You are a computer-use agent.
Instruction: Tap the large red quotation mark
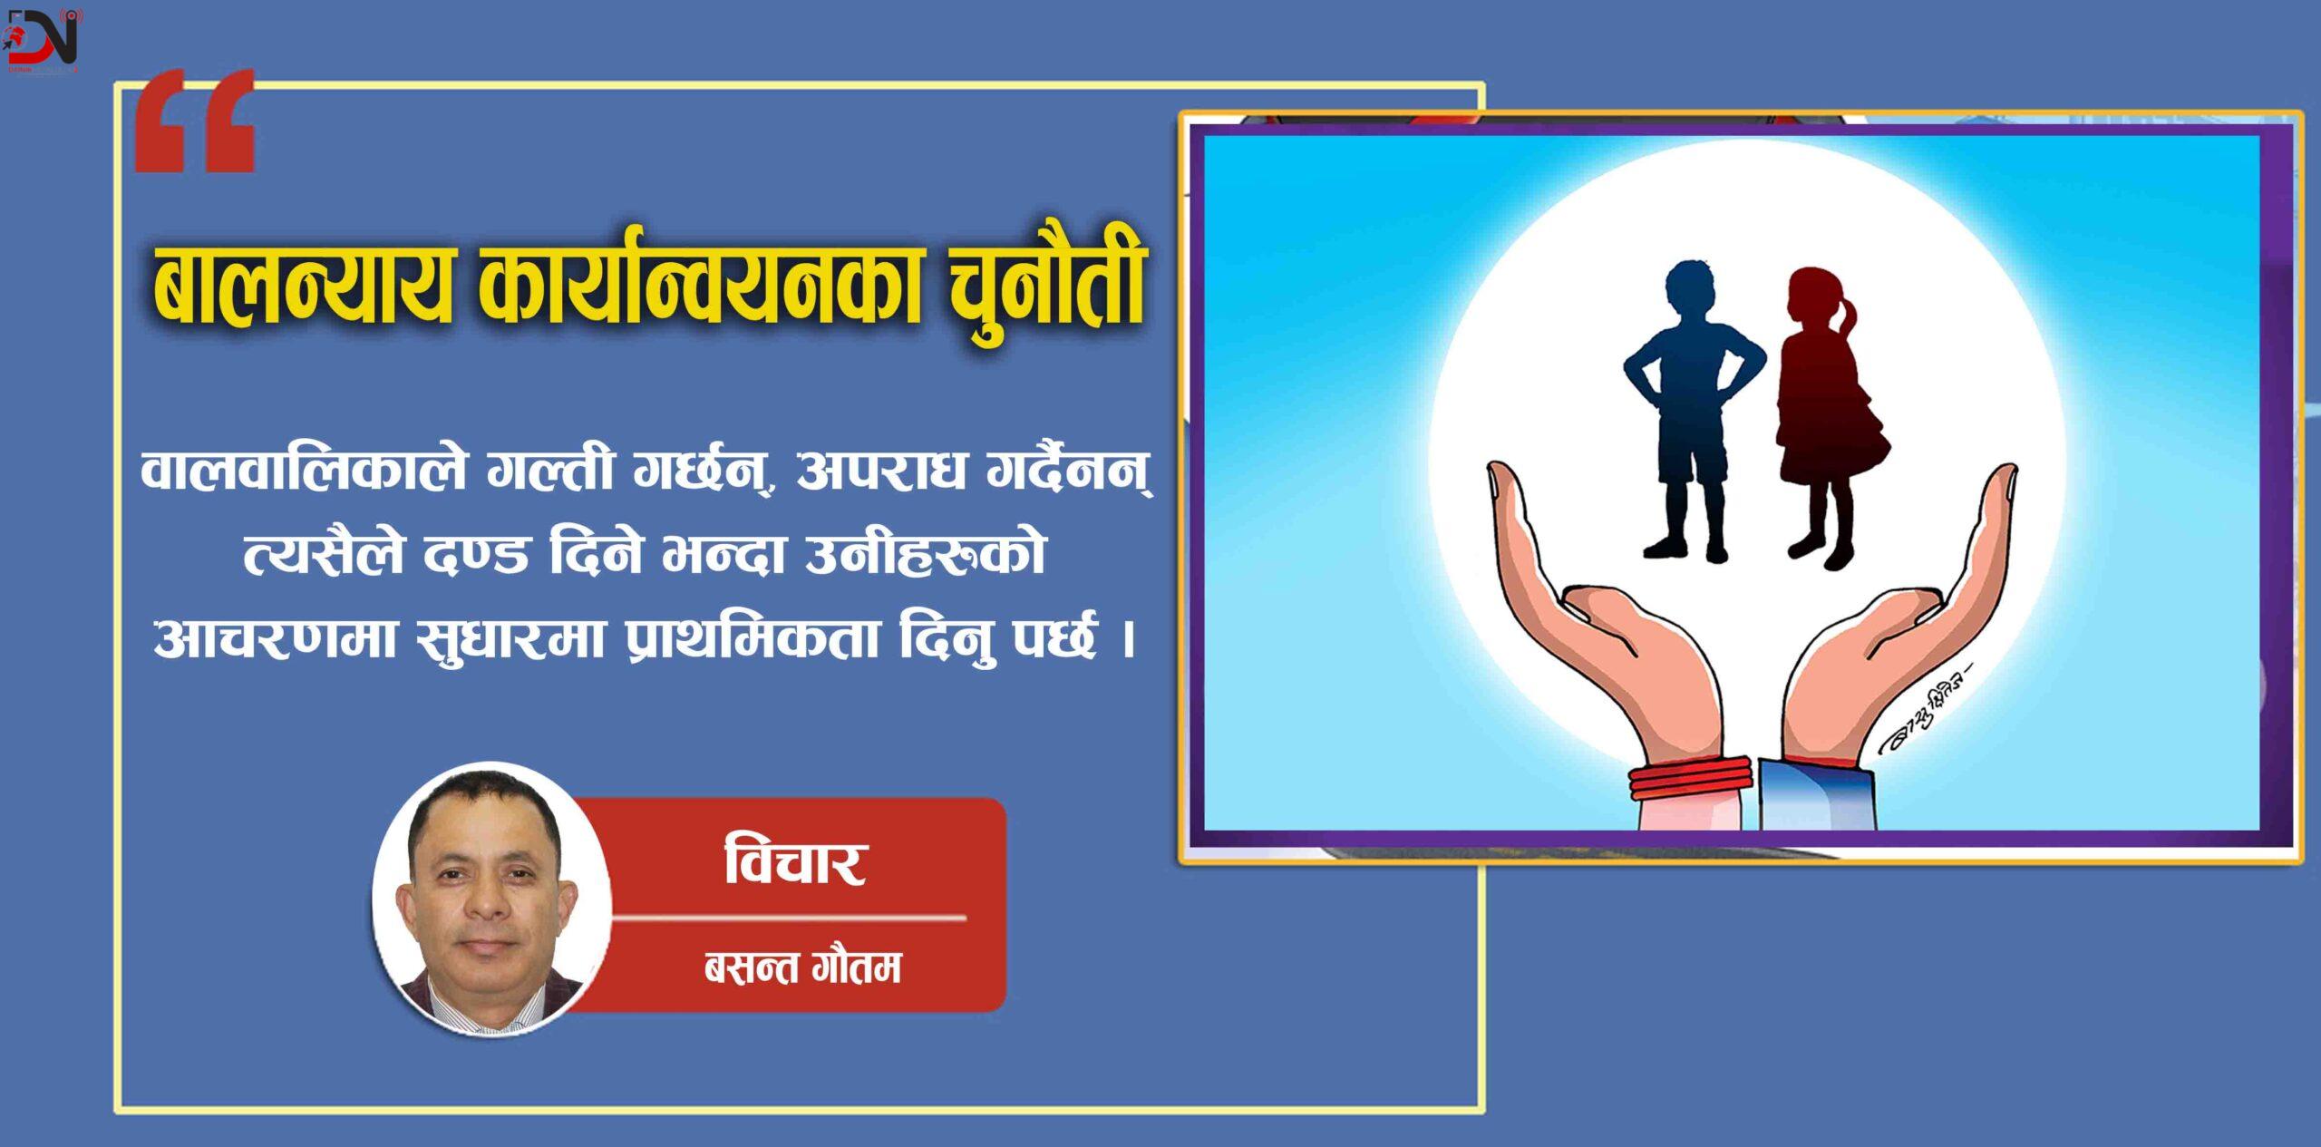(x=195, y=122)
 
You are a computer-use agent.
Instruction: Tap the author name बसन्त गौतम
(x=802, y=968)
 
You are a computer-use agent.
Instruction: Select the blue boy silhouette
(x=1691, y=408)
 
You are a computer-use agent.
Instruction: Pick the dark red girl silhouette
(x=1827, y=413)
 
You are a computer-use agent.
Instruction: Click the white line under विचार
(x=789, y=918)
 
